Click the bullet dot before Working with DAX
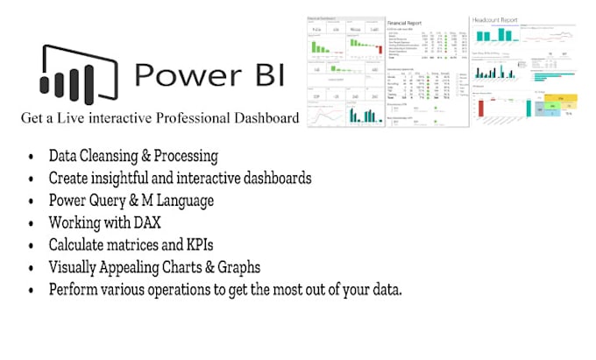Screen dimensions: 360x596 click(32, 223)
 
